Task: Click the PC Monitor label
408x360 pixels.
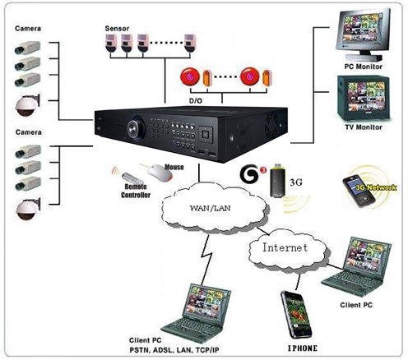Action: tap(363, 67)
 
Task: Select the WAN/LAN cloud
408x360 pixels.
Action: tap(214, 208)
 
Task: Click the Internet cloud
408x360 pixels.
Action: tap(287, 248)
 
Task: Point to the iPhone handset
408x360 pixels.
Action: tap(296, 315)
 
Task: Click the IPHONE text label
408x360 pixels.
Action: tap(303, 348)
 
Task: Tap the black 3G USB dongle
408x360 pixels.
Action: tap(278, 180)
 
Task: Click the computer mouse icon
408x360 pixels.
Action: tap(160, 173)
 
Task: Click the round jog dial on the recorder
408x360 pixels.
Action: tap(136, 127)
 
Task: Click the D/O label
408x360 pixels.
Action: tap(196, 101)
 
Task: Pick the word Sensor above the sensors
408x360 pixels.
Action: tap(117, 28)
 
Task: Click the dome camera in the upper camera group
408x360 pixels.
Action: tap(27, 105)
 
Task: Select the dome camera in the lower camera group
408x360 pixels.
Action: tap(27, 209)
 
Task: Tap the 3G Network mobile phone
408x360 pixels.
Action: tap(359, 191)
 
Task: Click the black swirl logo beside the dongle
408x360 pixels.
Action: tap(249, 173)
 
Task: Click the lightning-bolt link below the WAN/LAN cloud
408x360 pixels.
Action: tap(207, 259)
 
